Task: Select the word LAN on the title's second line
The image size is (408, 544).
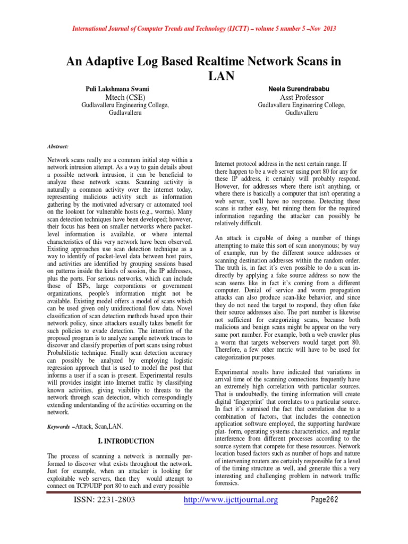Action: coord(219,76)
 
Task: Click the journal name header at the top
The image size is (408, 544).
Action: coord(204,28)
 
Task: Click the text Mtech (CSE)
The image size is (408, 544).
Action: coord(125,97)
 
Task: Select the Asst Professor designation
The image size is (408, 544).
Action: coord(301,97)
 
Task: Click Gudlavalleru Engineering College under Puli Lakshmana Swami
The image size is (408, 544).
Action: coord(125,105)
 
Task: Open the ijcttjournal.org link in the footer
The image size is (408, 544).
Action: coord(230,500)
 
